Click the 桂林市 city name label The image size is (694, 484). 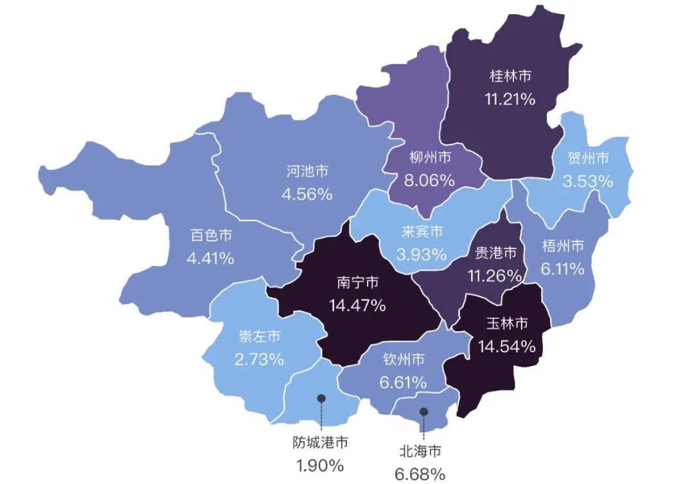coord(510,76)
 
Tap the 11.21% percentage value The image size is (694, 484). coord(510,99)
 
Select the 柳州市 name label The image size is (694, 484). coord(429,157)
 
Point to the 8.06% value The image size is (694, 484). coord(429,180)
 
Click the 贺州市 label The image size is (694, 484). coord(588,158)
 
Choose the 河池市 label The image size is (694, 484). coord(307,171)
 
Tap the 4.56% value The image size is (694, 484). coord(307,193)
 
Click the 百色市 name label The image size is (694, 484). coord(211,236)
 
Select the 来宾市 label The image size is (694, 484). coord(422,231)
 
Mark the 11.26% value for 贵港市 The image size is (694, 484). coord(495,275)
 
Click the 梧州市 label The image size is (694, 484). coord(563,245)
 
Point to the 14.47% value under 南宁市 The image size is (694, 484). coord(357,305)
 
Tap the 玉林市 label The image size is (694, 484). coord(506,323)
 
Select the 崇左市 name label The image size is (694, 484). coord(259,336)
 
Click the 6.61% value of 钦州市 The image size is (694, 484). coord(403,383)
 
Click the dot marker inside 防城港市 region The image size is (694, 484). coord(321,399)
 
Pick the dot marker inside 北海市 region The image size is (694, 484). coord(423,411)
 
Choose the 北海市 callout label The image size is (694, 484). coord(420,452)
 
